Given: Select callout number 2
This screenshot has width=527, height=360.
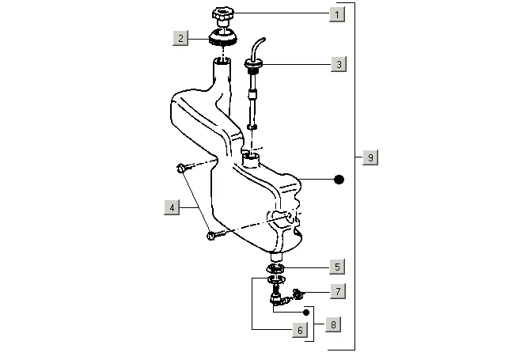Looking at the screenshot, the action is [181, 37].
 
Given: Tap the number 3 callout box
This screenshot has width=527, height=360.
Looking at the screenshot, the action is [338, 64].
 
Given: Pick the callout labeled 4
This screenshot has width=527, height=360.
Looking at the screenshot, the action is [171, 207].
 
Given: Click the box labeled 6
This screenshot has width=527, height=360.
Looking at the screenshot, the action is [299, 330].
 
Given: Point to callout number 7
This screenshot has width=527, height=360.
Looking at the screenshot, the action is [337, 291].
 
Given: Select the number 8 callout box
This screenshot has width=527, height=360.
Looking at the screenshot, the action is [336, 324].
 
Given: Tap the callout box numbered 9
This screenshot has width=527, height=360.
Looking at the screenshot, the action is [370, 157].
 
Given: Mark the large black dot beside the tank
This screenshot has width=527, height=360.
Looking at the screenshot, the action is [339, 180].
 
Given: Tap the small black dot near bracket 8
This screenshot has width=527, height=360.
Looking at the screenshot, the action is [306, 313].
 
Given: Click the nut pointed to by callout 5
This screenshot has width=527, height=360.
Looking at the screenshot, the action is [277, 268].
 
